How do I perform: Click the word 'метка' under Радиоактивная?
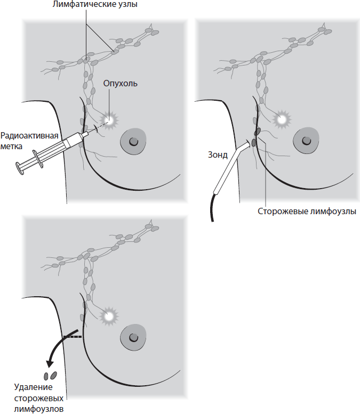pos(13,145)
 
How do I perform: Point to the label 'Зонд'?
pos(218,156)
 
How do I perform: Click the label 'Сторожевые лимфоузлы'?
pos(306,210)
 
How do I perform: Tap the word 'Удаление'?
pos(33,387)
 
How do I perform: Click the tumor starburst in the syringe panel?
pos(110,120)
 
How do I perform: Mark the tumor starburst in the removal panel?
pos(110,315)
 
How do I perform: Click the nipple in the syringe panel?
pos(133,141)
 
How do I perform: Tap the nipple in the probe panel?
pos(305,141)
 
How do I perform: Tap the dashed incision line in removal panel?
pos(73,337)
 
